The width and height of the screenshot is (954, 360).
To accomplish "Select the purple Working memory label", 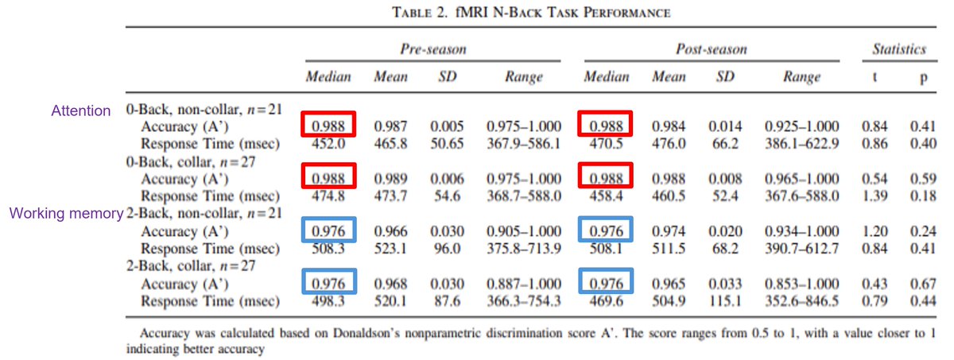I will coord(66,214).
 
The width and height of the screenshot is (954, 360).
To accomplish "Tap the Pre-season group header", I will coord(433,49).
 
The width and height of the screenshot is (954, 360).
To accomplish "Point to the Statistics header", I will coord(898,49).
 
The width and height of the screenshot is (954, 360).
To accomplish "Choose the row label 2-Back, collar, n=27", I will coord(190,266).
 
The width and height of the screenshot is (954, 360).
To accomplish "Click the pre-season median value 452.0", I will coord(328,144).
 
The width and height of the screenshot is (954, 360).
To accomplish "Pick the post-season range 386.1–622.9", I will coord(801,144).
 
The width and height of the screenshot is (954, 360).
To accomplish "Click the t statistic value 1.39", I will coord(874,196).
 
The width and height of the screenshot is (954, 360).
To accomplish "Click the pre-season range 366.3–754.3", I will coord(524,301).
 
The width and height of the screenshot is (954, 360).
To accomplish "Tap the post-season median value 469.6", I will coord(605,301).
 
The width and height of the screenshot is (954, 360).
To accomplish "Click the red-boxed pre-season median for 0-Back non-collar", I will coord(328,126).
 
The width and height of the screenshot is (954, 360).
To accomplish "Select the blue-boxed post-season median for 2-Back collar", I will coord(606,283).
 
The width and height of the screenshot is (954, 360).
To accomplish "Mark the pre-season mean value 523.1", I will coord(390,249).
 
